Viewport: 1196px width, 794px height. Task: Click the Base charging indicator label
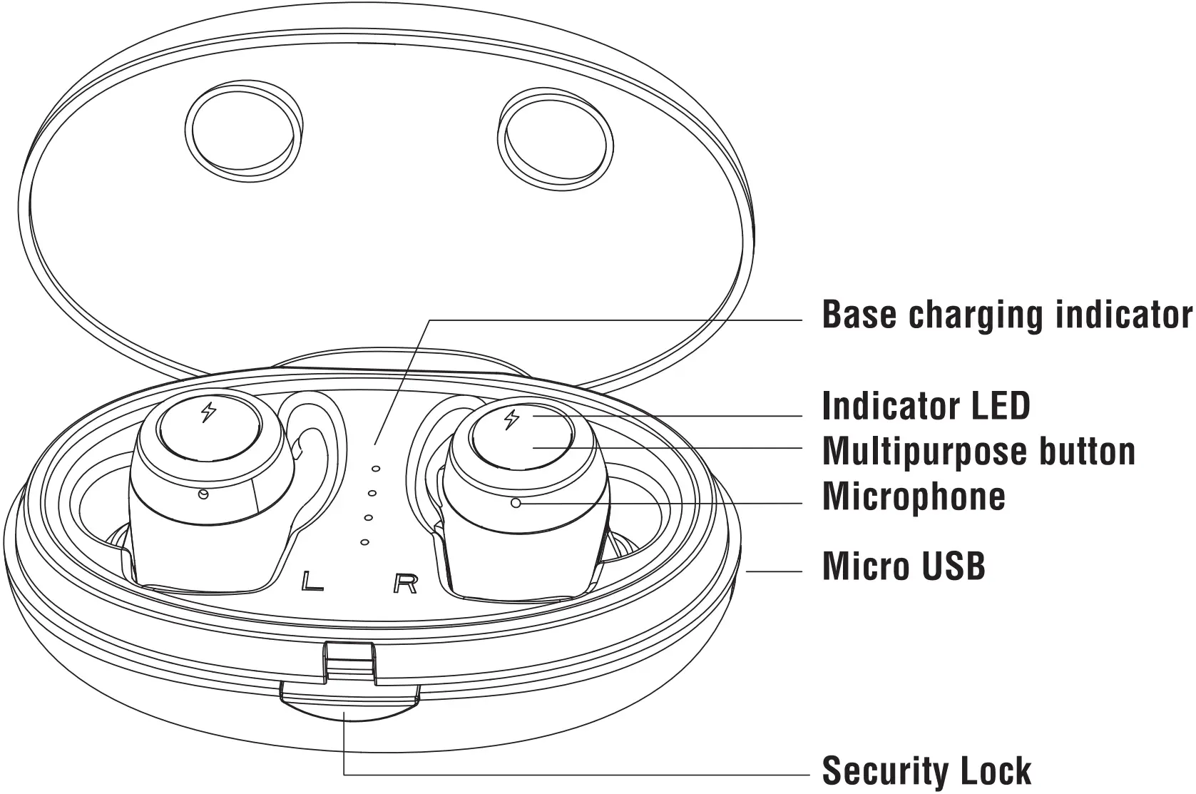1006,315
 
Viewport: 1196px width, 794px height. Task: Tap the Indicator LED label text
926,406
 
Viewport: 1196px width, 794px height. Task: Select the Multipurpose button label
978,451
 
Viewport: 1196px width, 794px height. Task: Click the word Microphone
914,496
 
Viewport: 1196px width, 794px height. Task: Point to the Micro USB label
904,566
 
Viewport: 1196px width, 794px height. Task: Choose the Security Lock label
926,770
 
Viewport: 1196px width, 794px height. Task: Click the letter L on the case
312,581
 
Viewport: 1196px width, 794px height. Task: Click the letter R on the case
405,584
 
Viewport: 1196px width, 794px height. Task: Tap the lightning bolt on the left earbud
208,412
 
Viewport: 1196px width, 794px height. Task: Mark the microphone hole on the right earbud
516,503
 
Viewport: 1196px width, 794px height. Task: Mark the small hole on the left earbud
203,494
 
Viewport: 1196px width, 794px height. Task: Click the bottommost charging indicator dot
364,542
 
